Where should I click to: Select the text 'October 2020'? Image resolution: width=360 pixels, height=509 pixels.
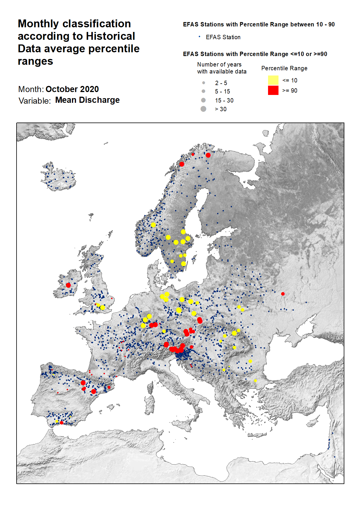point(72,89)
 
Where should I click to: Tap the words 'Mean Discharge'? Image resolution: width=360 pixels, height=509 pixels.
point(87,100)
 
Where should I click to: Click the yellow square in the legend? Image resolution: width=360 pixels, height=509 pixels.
point(273,80)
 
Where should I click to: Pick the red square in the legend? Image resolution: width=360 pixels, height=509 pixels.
point(273,90)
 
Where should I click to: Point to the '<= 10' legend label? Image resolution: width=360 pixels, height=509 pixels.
point(290,80)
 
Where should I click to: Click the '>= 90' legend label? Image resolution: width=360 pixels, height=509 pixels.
point(290,91)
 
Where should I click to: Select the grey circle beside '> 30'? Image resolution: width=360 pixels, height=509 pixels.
point(203,109)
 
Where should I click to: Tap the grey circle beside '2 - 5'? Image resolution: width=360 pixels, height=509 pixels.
point(203,83)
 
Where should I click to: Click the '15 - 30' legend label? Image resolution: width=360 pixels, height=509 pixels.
point(224,100)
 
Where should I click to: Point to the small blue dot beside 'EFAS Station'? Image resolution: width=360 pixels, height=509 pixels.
point(199,37)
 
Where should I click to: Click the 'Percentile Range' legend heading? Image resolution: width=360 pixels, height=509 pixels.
point(284,68)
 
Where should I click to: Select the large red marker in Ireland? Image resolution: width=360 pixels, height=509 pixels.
point(68,285)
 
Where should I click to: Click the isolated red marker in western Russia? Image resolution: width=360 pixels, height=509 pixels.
point(283,294)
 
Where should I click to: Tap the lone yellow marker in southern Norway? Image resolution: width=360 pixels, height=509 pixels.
point(153,225)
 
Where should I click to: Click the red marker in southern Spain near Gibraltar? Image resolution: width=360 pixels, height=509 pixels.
point(61,423)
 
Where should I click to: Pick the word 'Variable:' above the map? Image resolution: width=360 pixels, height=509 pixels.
point(35,101)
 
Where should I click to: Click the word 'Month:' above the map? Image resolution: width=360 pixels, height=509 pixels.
point(31,89)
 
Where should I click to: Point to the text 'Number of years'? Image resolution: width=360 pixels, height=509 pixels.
point(219,64)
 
